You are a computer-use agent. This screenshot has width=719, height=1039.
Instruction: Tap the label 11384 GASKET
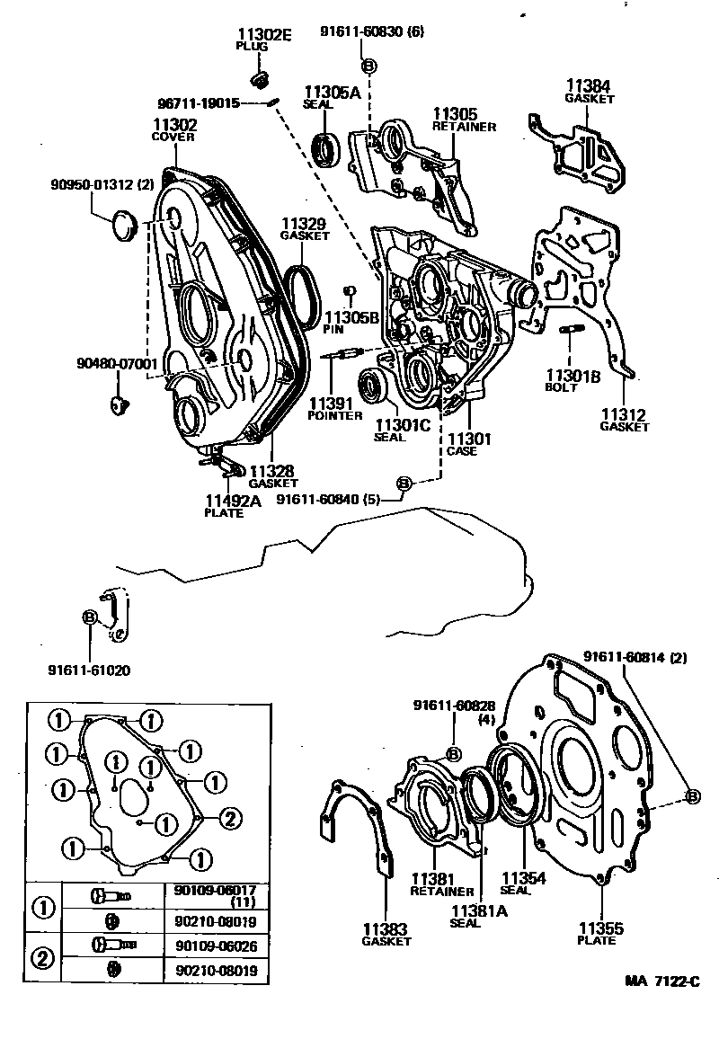coord(590,91)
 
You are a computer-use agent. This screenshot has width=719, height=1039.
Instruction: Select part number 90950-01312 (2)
coord(88,185)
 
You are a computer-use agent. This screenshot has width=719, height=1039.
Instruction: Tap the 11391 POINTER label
coord(334,409)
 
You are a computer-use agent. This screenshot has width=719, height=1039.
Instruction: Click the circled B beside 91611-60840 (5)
coord(404,484)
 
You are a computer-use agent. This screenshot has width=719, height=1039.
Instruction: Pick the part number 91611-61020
coord(89,670)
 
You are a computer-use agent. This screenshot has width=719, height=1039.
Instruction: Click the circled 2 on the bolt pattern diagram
coord(229,818)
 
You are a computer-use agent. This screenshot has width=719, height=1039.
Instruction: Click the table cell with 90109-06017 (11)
coord(215,895)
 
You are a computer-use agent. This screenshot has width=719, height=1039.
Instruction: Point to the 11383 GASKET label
coord(386,934)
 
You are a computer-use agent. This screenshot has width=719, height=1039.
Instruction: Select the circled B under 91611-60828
coord(453,753)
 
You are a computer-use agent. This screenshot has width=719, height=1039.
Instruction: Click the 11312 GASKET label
coord(624,421)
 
